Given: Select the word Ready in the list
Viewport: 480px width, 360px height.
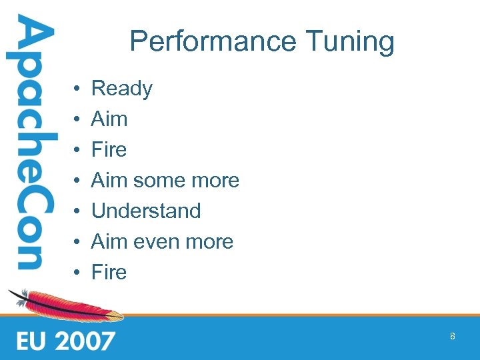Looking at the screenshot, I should pyautogui.click(x=122, y=89).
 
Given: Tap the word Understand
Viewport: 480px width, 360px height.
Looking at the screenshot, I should pyautogui.click(x=146, y=211).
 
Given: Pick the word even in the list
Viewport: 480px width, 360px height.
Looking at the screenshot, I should pyautogui.click(x=157, y=241).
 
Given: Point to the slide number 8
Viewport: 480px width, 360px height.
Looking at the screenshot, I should pyautogui.click(x=453, y=337).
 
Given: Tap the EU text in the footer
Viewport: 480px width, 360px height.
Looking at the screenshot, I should pyautogui.click(x=33, y=341).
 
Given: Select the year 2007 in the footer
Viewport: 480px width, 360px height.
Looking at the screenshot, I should pyautogui.click(x=85, y=341).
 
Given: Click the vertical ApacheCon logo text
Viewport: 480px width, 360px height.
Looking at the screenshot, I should pyautogui.click(x=29, y=143).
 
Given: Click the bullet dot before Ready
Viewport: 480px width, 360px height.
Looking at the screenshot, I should pyautogui.click(x=78, y=89).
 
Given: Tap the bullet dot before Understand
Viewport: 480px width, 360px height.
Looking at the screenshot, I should pyautogui.click(x=78, y=211).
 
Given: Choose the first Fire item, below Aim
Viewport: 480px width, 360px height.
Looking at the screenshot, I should pyautogui.click(x=109, y=149).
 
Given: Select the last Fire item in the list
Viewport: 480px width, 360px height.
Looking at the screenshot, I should pyautogui.click(x=109, y=272).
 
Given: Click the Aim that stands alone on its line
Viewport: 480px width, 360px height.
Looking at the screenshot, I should pyautogui.click(x=109, y=119).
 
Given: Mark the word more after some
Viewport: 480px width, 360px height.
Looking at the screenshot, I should pyautogui.click(x=215, y=180).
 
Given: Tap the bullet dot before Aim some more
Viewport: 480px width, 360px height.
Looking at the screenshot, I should pyautogui.click(x=78, y=181).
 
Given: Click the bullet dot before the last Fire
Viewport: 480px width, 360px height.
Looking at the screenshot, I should pyautogui.click(x=78, y=273).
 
